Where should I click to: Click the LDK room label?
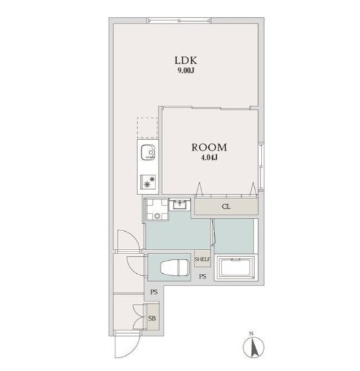point(185,60)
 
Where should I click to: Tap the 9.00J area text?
point(186,70)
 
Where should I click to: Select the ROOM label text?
point(209,147)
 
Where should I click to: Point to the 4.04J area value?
point(209,158)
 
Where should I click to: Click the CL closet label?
point(226,207)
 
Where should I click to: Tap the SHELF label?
point(202,259)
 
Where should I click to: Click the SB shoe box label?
point(152,318)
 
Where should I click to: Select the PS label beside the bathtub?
point(202,276)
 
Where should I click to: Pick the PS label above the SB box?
point(154,292)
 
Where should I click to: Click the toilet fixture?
point(175,267)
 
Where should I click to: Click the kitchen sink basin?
point(148,152)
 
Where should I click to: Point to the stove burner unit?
point(148,181)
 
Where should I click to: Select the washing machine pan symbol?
point(157,209)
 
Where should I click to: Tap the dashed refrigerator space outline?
point(147,128)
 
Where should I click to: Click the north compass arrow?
point(254,347)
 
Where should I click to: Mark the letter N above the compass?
point(251,334)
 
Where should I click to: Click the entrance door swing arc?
point(133,350)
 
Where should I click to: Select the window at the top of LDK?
point(179,20)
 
